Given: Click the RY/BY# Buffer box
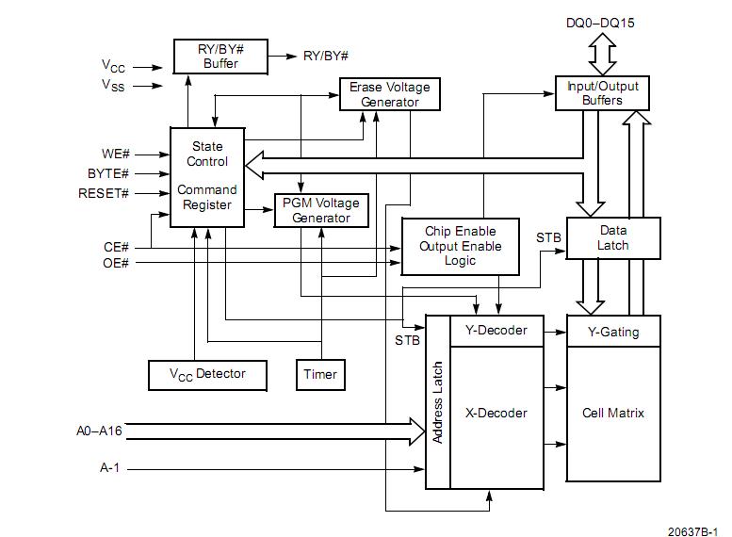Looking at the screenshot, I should pos(220,57).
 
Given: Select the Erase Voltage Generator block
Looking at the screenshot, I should pos(389,94).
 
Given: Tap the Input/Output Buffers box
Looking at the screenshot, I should pos(602,92).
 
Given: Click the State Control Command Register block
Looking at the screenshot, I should pos(206,176).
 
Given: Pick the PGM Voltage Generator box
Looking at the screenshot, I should pos(320,210).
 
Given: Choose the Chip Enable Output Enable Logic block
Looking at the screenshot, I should pos(460,246).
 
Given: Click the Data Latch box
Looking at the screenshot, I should pos(612,238).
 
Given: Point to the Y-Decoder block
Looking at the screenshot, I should pos(496,330).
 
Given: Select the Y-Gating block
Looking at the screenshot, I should pos(612,331).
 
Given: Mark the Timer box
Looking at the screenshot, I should pos(320,374).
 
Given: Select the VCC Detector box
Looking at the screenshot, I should pos(207,374).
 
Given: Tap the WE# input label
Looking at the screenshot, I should pos(115,154).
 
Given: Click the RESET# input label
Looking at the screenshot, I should pos(104,194).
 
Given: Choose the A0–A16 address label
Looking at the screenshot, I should pos(99,431).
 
